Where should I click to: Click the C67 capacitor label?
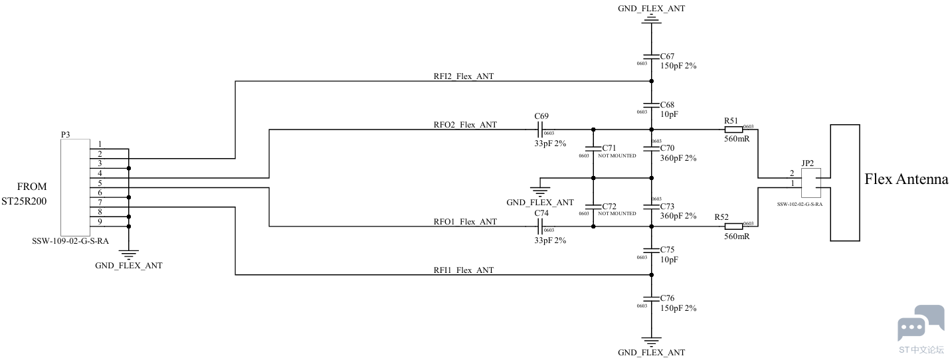[x=667, y=56]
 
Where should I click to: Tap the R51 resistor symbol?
[x=733, y=130]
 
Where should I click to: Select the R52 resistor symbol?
[x=733, y=226]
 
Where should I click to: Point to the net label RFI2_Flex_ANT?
[x=464, y=76]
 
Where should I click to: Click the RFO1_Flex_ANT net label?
[x=465, y=222]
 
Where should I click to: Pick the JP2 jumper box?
[x=811, y=183]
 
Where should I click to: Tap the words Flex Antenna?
[x=906, y=179]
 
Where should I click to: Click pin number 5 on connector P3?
[x=100, y=183]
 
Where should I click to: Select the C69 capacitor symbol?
[x=540, y=130]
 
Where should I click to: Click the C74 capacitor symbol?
[x=540, y=226]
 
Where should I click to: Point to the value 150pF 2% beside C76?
[x=678, y=308]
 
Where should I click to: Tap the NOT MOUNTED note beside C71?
[x=617, y=155]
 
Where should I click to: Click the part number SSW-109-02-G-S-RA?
[x=70, y=241]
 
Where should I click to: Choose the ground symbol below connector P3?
[x=129, y=254]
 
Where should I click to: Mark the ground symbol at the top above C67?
[x=652, y=19]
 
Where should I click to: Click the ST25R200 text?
[x=24, y=201]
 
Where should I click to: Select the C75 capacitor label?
[x=667, y=250]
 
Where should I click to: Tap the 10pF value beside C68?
[x=669, y=114]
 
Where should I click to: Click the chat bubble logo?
[x=921, y=323]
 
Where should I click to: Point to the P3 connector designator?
[x=65, y=134]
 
